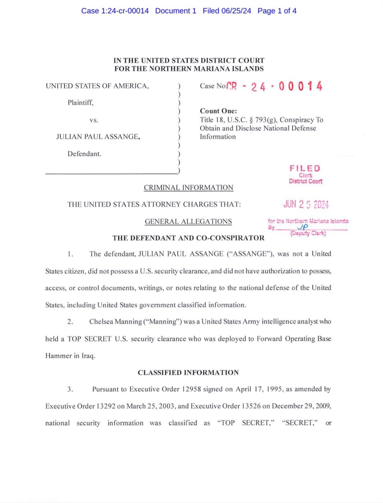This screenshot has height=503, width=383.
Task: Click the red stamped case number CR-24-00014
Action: tap(274, 86)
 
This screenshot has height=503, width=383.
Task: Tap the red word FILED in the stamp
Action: tap(305, 168)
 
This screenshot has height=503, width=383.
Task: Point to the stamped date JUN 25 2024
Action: tap(306, 204)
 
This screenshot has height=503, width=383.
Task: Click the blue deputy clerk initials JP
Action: tap(303, 227)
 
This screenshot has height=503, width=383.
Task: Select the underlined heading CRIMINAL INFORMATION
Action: tap(189, 188)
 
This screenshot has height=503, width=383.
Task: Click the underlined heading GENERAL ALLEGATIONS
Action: tap(188, 221)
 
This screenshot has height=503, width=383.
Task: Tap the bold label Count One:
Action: tap(218, 111)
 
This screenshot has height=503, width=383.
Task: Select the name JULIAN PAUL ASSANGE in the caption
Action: tap(98, 137)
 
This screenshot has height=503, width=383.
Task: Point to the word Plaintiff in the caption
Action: tap(80, 103)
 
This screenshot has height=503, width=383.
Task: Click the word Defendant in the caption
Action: tap(84, 154)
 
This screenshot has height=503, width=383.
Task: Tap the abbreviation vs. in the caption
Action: tap(94, 120)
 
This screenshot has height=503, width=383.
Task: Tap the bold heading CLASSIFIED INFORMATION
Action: tap(188, 373)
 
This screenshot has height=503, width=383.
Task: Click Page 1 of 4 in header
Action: tap(277, 11)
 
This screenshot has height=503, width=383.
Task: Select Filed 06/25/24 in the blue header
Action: tap(227, 11)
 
